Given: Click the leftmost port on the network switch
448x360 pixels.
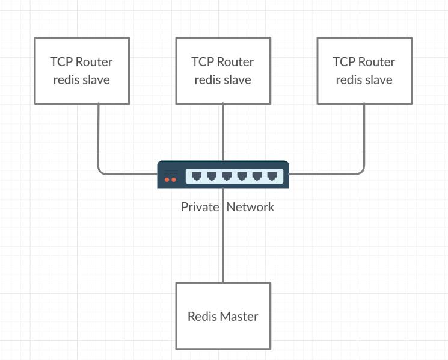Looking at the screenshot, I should tap(197, 176).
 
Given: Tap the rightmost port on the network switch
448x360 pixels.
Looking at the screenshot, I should tap(272, 176).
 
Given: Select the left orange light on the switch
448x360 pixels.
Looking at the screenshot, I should tap(167, 179).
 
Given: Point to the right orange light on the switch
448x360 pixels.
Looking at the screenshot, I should tap(174, 179).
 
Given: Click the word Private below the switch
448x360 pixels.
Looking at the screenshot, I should tap(200, 207).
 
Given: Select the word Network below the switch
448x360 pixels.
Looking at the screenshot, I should tap(250, 207).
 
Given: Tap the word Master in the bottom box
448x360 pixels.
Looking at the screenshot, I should tap(239, 316).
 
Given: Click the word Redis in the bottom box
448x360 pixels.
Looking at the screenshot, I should tap(202, 316).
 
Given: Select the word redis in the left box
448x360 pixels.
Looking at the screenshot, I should tap(66, 79).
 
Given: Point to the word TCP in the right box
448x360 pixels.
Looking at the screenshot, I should tap(345, 61).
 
